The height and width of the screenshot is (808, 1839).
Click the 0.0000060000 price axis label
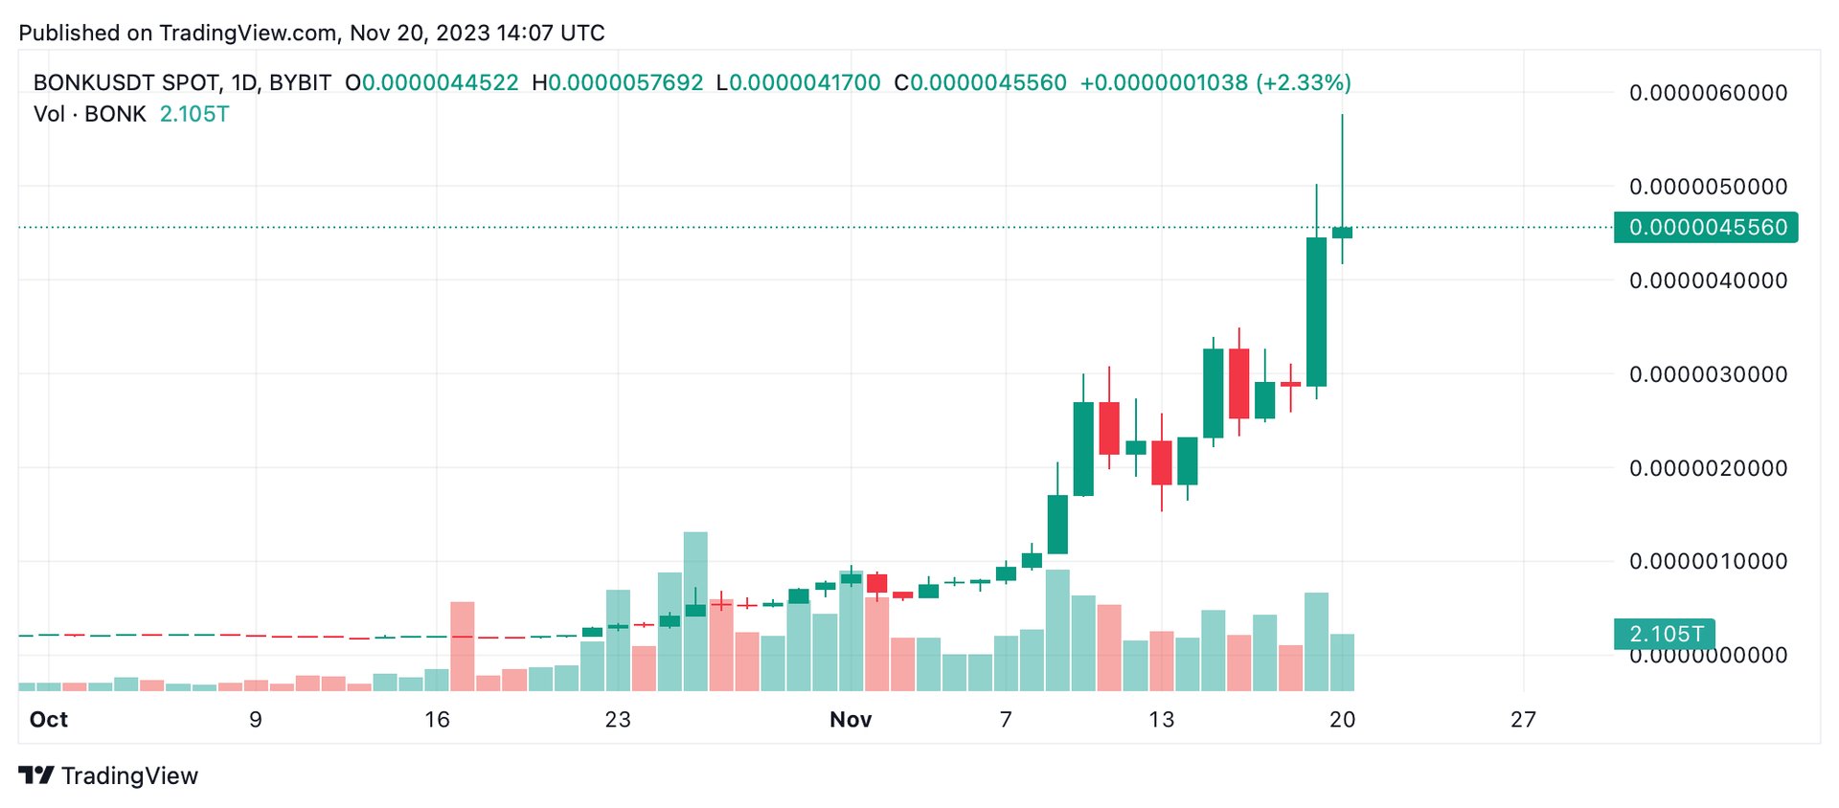[1708, 93]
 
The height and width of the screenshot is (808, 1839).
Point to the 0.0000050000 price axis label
[1708, 187]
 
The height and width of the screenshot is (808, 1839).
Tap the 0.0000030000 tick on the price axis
[1708, 374]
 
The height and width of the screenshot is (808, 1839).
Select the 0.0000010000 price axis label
[1708, 561]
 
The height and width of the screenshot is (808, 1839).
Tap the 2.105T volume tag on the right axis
[1665, 634]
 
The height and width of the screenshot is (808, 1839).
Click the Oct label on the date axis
[49, 720]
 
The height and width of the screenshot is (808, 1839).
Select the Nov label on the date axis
[851, 720]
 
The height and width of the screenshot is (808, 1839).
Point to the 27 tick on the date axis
[1523, 720]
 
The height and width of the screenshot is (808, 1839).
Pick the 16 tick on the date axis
[437, 720]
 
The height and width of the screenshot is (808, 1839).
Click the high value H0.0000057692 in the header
[618, 83]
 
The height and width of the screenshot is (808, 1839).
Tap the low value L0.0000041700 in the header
[799, 83]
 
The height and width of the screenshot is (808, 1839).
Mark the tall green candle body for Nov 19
[1316, 311]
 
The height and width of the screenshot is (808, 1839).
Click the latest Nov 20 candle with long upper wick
[1342, 232]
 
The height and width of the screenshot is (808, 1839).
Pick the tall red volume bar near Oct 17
[463, 645]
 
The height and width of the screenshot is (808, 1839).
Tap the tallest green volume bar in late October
[695, 611]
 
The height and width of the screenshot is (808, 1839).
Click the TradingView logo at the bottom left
[108, 775]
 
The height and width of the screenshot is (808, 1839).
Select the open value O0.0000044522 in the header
[432, 83]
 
